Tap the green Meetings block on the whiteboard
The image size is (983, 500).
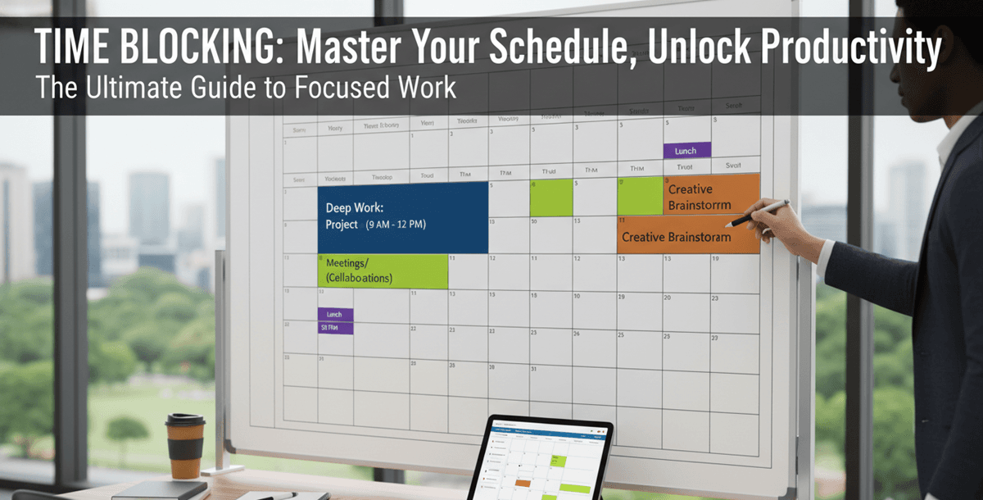click(x=383, y=270)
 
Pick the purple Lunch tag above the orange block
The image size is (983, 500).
click(x=686, y=151)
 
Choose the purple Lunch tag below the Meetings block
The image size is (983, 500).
click(x=335, y=314)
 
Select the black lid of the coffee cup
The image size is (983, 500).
click(x=185, y=420)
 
